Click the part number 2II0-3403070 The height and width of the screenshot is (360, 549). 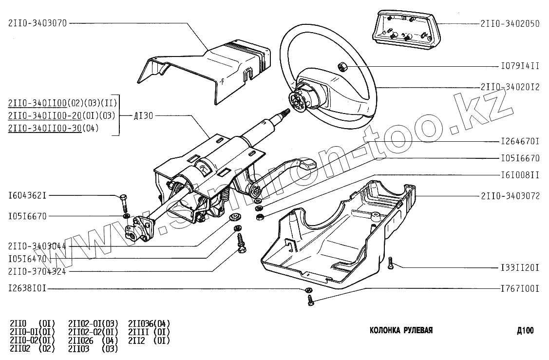click(38, 22)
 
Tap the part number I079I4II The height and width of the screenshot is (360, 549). click(520, 65)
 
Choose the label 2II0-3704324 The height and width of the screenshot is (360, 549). click(38, 271)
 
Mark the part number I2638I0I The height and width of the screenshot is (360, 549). click(27, 288)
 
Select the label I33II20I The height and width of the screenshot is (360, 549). click(520, 267)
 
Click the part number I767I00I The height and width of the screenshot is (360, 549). click(520, 288)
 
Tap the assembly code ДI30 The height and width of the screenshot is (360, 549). click(143, 116)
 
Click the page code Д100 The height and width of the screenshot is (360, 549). click(525, 331)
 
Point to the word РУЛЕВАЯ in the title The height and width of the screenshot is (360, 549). click(418, 331)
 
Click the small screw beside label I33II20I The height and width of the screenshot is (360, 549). click(391, 264)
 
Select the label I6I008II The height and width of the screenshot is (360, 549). click(520, 174)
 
